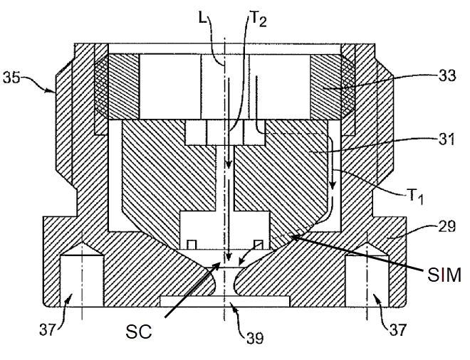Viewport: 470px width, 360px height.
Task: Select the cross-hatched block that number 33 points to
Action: pos(330,87)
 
